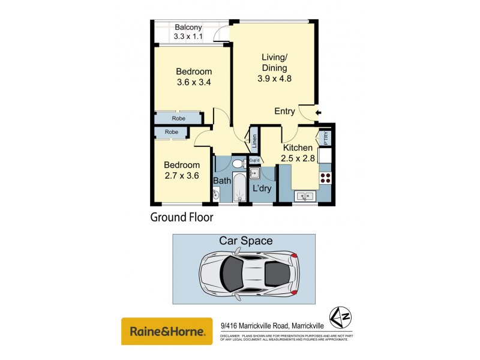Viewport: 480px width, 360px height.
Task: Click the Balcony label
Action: click(188, 27)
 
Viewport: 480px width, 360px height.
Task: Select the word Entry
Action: click(284, 111)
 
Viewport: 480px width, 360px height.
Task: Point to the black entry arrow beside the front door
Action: click(318, 112)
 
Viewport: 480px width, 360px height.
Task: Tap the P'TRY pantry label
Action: click(326, 137)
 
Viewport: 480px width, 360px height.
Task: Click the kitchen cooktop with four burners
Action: click(326, 178)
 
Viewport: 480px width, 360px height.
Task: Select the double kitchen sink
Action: click(304, 196)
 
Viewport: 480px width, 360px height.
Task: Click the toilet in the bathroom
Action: click(237, 163)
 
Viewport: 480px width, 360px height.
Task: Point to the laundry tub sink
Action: click(254, 173)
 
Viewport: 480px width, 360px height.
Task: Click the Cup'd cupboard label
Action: click(254, 160)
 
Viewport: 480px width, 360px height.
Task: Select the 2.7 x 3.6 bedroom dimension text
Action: click(182, 176)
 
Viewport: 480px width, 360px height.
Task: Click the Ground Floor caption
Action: click(181, 217)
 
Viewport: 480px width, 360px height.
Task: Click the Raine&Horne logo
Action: click(167, 331)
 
